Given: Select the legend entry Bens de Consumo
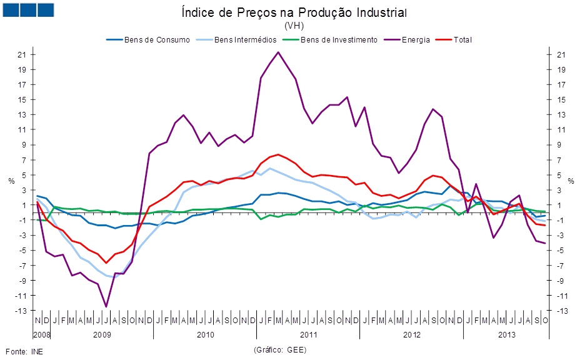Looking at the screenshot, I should [x=157, y=40].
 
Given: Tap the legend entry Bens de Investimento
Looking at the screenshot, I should [x=338, y=40].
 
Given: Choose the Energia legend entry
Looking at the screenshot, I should [x=416, y=40].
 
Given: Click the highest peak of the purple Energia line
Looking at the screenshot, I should [x=278, y=52].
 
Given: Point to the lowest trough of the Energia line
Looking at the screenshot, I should [x=106, y=306].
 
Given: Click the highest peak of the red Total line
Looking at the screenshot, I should [x=278, y=154].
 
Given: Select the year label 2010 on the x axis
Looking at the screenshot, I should [x=204, y=334].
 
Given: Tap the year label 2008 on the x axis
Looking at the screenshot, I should [x=41, y=334].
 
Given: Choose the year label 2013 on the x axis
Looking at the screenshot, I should [x=506, y=334].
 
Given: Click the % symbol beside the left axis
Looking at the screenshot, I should [x=11, y=181].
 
